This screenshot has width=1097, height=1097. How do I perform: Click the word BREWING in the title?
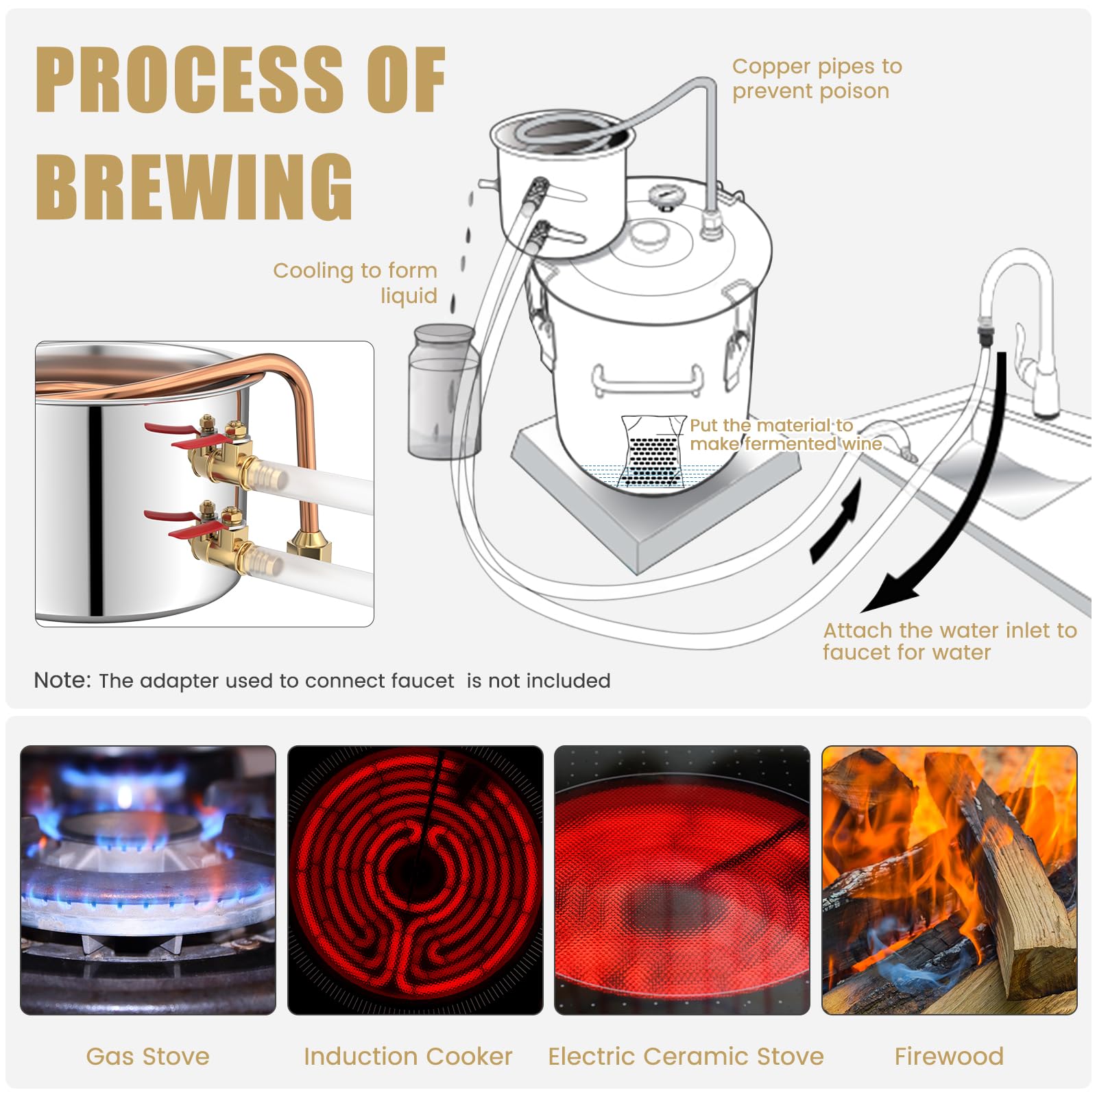point(194,186)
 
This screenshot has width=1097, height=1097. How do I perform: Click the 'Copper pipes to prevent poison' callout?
point(816,78)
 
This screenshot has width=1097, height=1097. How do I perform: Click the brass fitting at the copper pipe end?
point(309,545)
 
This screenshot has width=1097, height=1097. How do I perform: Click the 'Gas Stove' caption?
point(147,1056)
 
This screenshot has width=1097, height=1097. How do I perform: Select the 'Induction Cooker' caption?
point(408,1056)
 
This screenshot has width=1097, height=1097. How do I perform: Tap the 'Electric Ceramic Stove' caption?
point(686,1056)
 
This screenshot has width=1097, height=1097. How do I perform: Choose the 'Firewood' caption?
point(949,1056)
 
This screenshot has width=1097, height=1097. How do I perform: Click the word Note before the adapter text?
point(62,680)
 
